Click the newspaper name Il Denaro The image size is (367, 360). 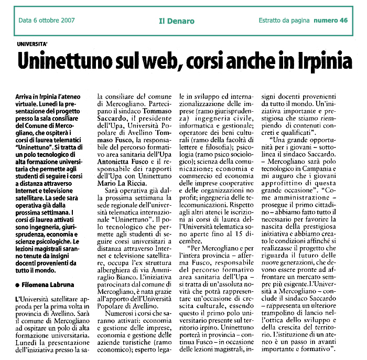(177, 21)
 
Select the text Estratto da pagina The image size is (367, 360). (285, 21)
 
